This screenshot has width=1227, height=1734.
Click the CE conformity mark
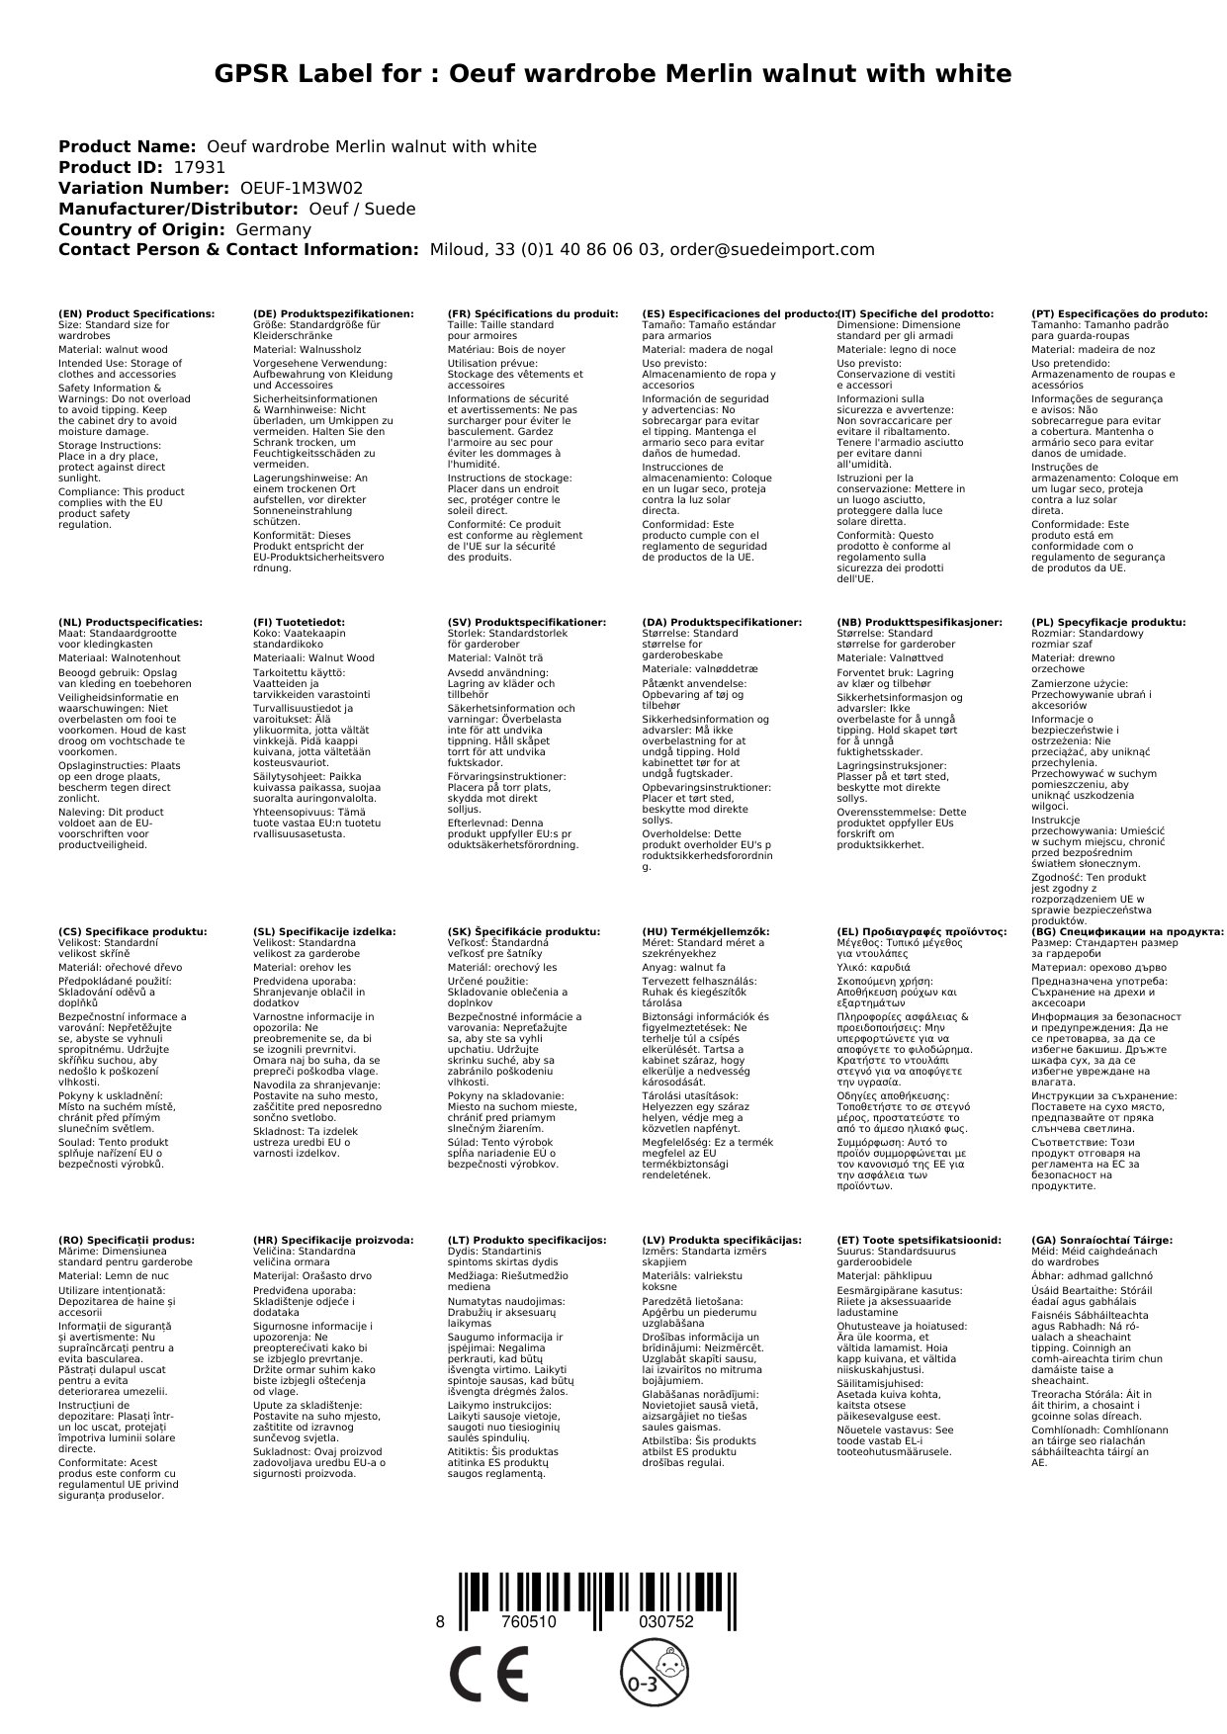tap(488, 1674)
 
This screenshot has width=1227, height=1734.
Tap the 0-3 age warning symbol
tap(653, 1673)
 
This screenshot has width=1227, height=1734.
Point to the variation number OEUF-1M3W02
tap(302, 188)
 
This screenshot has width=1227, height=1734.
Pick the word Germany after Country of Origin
tap(273, 229)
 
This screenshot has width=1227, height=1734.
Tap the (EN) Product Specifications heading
tap(136, 313)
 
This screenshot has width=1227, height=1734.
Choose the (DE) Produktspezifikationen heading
tap(333, 313)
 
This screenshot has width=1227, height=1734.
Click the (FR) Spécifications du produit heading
tap(533, 313)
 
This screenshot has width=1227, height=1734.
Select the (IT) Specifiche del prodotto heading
tap(915, 313)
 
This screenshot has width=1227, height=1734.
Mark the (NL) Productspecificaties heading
tap(130, 622)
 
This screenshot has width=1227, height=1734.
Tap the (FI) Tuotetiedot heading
tap(299, 622)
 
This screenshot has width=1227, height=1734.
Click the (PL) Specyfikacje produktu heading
tap(1107, 622)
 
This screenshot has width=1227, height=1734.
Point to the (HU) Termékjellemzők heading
tap(705, 931)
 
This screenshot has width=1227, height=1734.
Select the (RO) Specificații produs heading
tap(127, 1240)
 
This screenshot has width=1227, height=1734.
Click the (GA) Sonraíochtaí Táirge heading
tap(1101, 1240)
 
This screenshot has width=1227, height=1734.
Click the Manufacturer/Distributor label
tap(178, 209)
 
